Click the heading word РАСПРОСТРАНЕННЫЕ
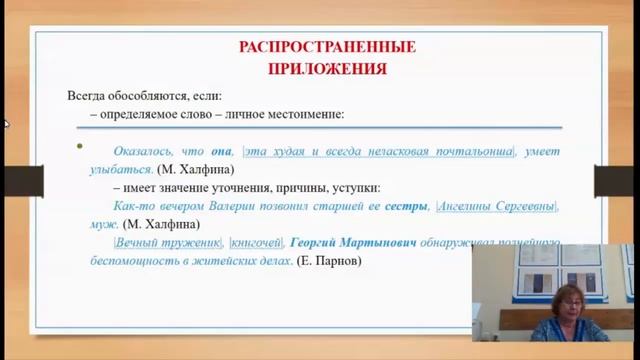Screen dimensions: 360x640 click(x=326, y=46)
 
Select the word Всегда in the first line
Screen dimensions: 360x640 click(x=86, y=96)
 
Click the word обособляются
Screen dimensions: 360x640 click(x=148, y=96)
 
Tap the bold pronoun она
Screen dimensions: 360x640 click(x=222, y=151)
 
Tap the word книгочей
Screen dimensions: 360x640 click(x=255, y=242)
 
